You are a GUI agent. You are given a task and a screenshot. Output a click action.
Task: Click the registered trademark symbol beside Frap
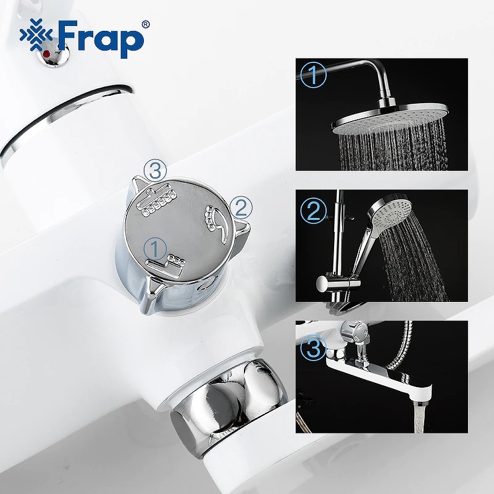(x=145, y=25)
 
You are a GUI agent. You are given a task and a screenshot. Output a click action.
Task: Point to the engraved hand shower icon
(x=214, y=220)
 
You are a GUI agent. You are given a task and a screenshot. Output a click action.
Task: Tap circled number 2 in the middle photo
(x=314, y=211)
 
